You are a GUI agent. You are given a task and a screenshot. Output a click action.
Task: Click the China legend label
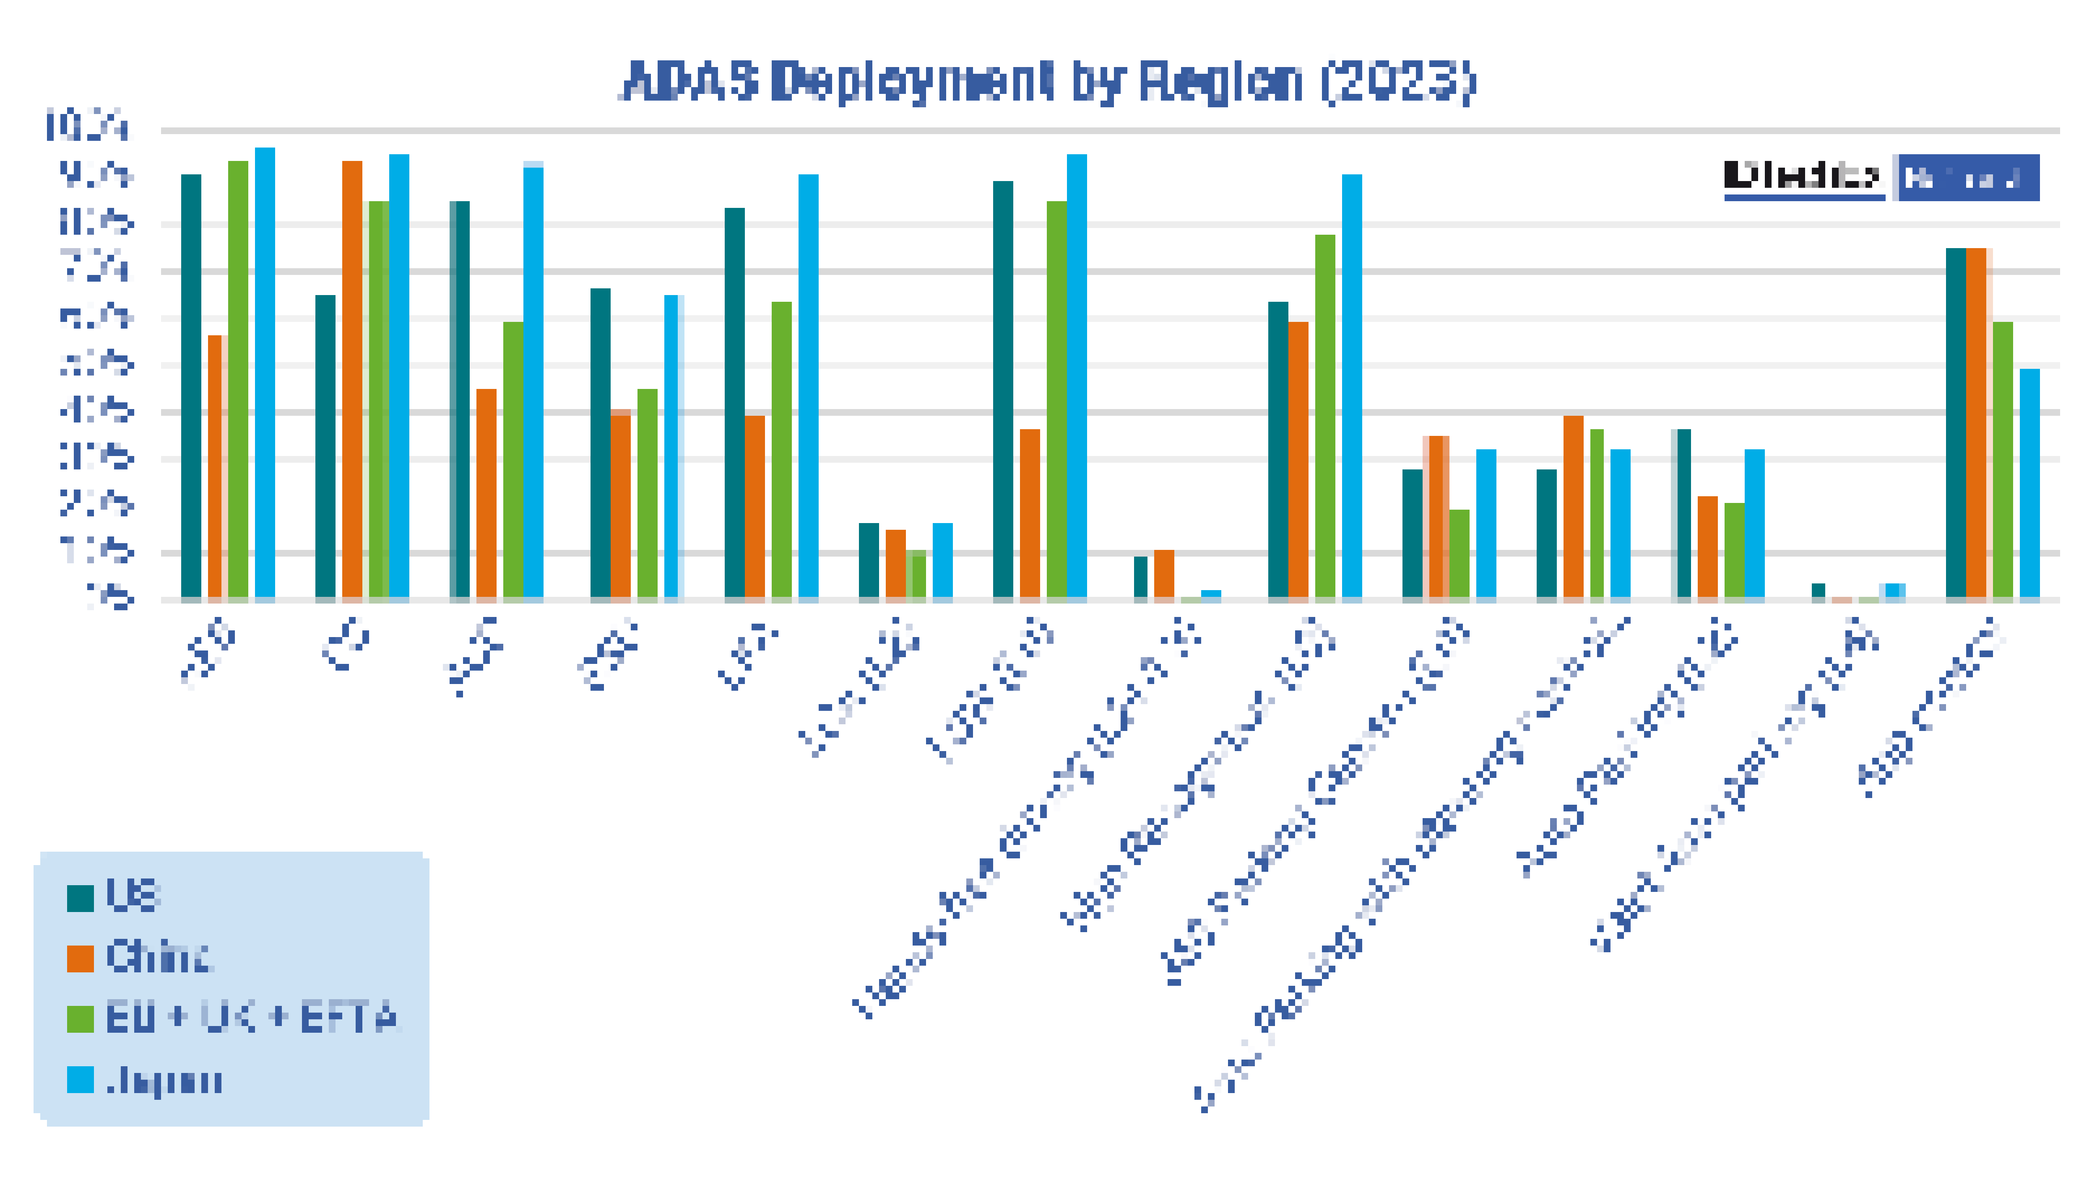tap(159, 957)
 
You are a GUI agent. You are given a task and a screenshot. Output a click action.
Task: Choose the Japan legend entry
tap(163, 1081)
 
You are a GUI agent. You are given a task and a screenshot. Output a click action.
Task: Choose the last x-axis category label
tap(1929, 708)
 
